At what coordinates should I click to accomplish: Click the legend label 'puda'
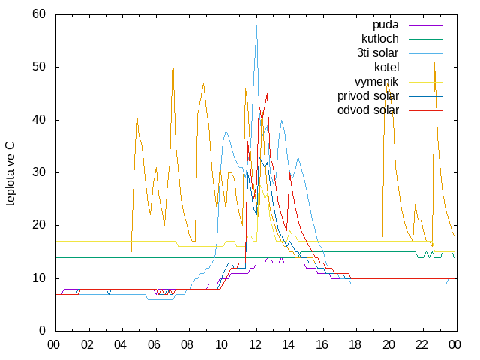point(385,25)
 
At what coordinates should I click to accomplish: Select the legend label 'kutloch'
point(380,39)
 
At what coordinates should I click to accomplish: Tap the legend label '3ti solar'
point(378,53)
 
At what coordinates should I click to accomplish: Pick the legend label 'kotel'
point(387,67)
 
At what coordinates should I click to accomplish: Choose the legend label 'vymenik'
point(376,82)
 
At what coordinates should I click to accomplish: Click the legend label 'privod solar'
point(368,96)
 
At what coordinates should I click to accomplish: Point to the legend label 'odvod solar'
point(368,110)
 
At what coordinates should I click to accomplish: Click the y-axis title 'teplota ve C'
point(10,174)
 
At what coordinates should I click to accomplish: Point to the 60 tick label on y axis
point(39,13)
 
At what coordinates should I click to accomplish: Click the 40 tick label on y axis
point(39,120)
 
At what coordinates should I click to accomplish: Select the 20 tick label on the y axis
point(39,225)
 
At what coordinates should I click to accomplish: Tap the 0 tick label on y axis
point(42,330)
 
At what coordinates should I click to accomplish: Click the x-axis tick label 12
point(255,345)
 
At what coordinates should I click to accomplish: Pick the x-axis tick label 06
point(154,345)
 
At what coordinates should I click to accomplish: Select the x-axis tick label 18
point(355,345)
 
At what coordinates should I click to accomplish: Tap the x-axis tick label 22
point(421,345)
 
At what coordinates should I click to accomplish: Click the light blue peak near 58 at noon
point(256,25)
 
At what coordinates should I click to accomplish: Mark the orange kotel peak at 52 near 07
point(173,57)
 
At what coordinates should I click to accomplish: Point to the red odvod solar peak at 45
point(267,93)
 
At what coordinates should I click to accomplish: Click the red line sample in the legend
point(425,110)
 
